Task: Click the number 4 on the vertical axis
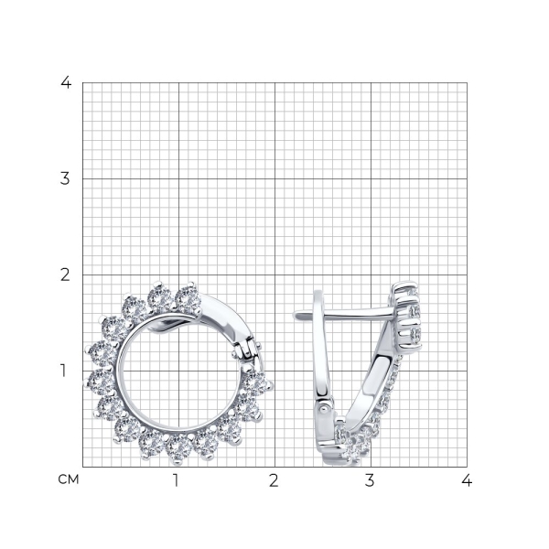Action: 66,82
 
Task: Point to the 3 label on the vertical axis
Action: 65,179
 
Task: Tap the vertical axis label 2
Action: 65,274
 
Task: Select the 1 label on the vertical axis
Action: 63,371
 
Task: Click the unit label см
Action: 69,479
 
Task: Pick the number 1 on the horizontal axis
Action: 176,480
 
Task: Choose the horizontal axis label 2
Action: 274,480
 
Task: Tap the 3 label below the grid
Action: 370,480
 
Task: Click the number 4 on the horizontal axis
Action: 467,480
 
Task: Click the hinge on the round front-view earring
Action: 245,348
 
